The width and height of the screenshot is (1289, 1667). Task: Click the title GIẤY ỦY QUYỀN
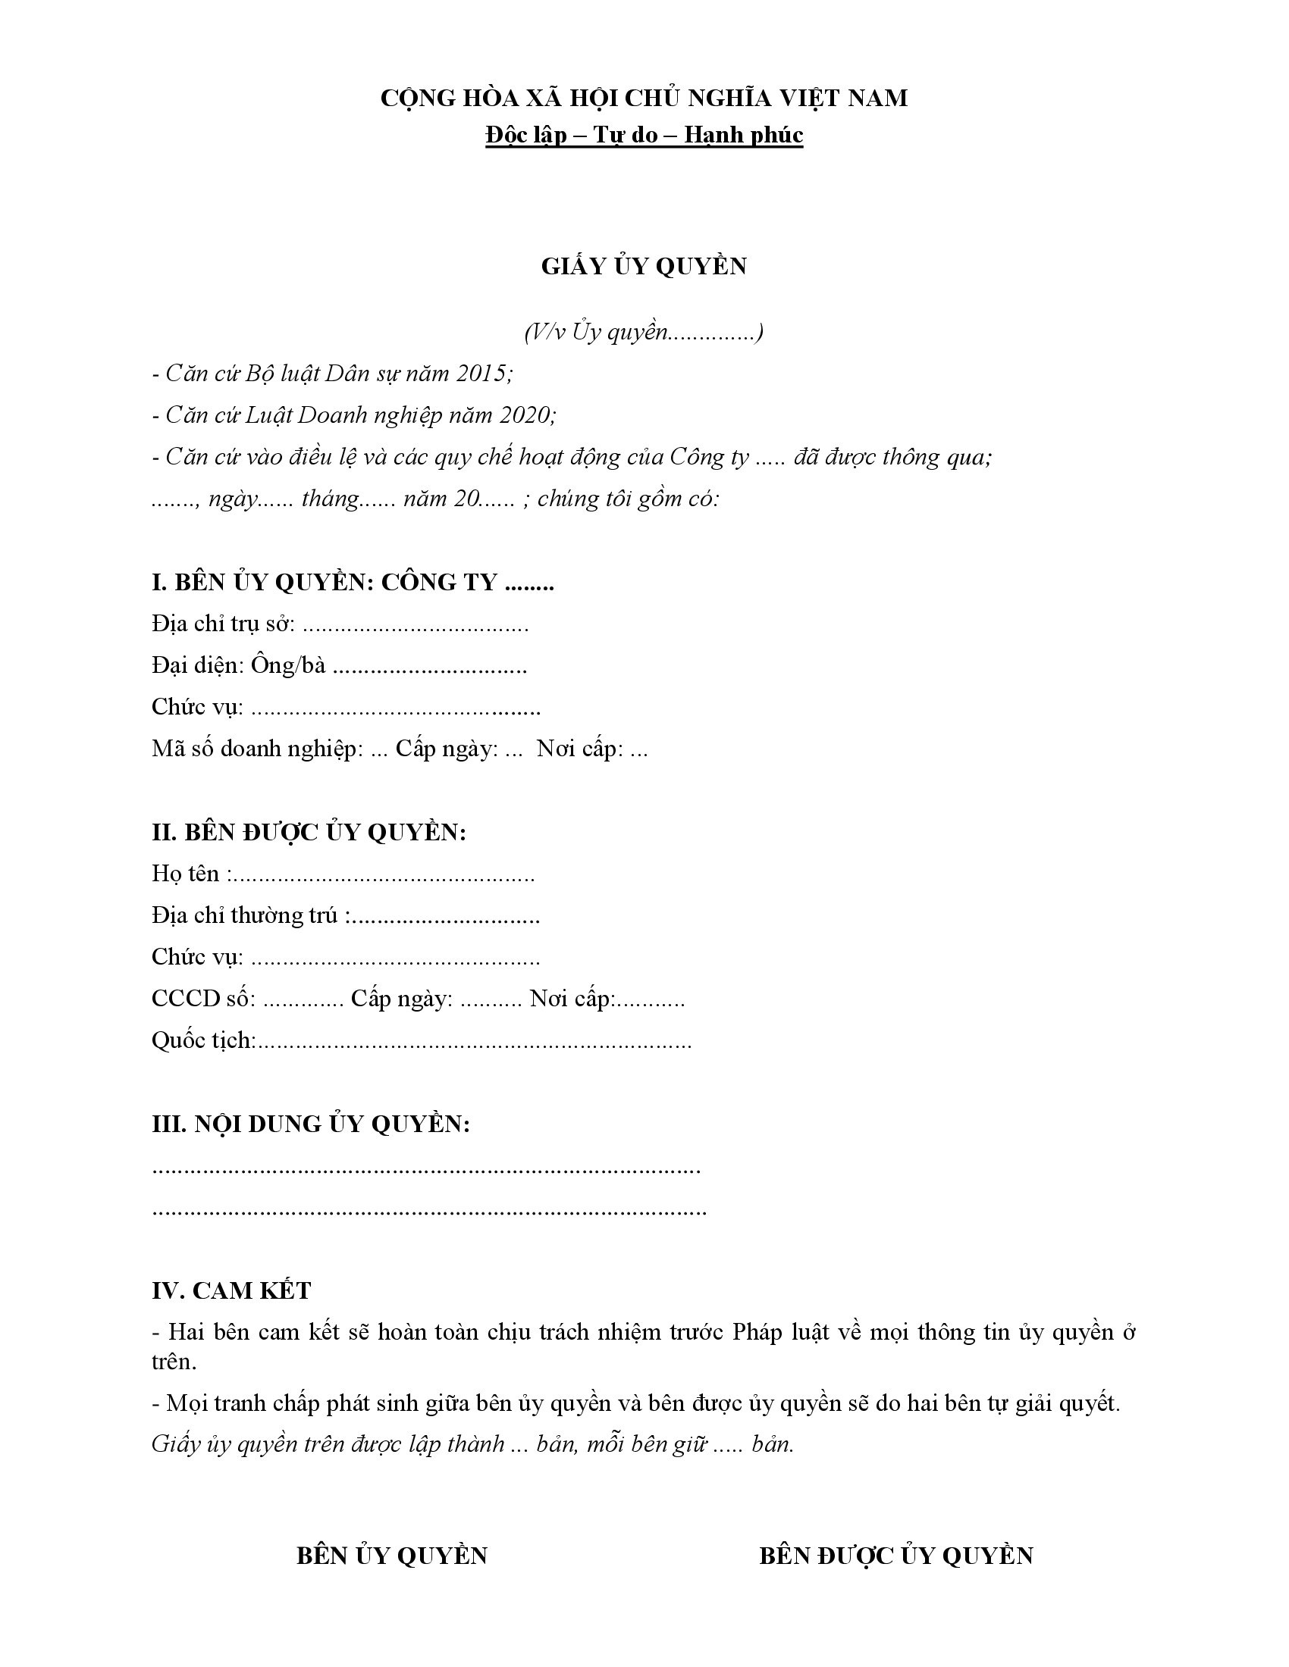coord(644,267)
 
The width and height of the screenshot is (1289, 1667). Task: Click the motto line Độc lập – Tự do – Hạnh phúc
coord(644,135)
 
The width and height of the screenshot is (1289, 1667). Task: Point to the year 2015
coord(481,374)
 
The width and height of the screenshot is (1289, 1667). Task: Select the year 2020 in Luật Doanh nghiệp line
coord(525,415)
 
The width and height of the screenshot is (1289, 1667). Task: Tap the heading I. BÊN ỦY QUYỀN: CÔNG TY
coord(352,583)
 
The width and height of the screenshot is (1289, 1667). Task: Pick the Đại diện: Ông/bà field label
coord(238,665)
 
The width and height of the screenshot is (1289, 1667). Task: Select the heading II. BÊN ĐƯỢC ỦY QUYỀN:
coord(309,832)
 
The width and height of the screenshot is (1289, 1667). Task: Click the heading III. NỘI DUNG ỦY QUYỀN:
coord(310,1124)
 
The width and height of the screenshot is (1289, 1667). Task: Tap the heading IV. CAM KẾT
coord(231,1290)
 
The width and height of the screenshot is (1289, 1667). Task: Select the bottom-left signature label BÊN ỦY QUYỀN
coord(392,1556)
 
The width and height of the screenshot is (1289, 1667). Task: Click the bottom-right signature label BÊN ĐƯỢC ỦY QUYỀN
coord(895,1556)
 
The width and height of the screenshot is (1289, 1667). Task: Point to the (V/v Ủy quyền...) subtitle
coord(644,332)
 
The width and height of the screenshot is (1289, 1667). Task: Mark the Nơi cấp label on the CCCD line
coord(571,999)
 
